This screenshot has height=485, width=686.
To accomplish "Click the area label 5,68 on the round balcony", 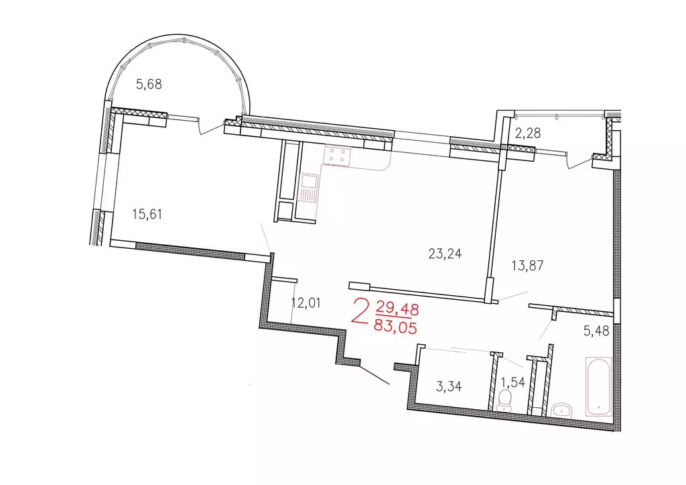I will (x=149, y=85).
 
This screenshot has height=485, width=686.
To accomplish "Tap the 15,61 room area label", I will (x=148, y=215).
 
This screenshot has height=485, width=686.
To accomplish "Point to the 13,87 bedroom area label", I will (x=527, y=265).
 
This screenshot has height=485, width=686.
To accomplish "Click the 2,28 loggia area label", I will (x=527, y=133).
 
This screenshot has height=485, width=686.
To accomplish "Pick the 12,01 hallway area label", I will (x=307, y=303).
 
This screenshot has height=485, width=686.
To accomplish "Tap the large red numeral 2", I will (x=360, y=312).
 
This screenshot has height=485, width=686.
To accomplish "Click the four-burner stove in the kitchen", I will (x=337, y=156).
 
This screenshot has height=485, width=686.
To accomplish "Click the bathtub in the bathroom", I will (x=598, y=386).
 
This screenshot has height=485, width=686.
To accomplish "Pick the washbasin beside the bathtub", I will (x=561, y=409).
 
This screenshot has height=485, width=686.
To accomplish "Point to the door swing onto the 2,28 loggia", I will (x=578, y=162).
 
